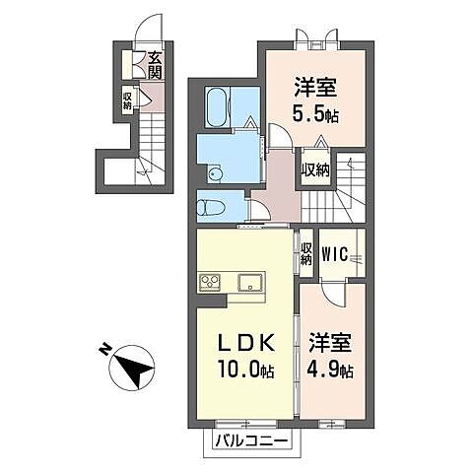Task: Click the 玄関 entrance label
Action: pyautogui.click(x=155, y=65)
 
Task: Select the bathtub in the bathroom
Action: pyautogui.click(x=218, y=106)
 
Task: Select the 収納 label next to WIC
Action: pyautogui.click(x=305, y=253)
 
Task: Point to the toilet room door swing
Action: pyautogui.click(x=259, y=210)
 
